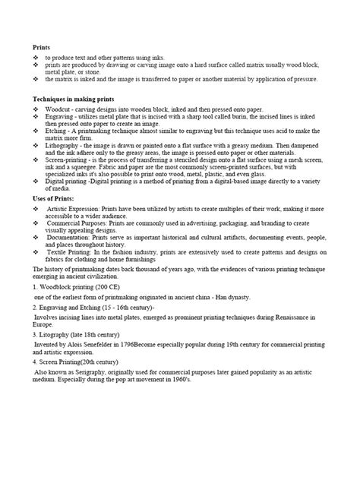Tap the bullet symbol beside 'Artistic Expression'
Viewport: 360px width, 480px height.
tap(36, 208)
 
